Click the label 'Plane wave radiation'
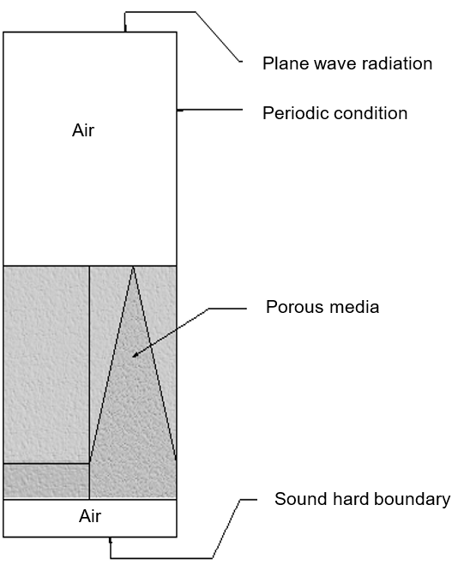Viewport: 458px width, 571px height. click(x=347, y=63)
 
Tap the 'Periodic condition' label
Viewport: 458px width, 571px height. click(x=334, y=113)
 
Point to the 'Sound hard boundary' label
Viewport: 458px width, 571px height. click(x=362, y=499)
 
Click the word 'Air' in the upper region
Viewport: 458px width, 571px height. click(x=83, y=131)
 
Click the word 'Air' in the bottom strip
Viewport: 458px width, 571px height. click(x=90, y=517)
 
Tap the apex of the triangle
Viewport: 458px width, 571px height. click(x=133, y=267)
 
